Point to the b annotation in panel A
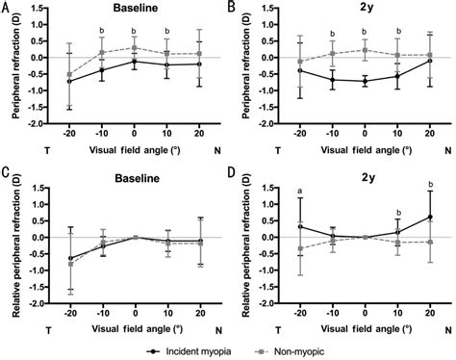(x=102, y=30)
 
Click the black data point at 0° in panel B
(x=365, y=82)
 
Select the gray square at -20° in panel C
(x=69, y=263)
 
